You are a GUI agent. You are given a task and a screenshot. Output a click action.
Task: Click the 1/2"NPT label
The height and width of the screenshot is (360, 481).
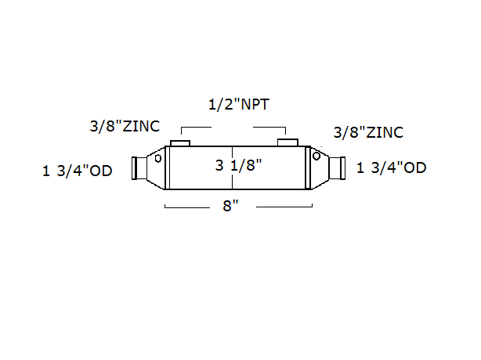point(239,104)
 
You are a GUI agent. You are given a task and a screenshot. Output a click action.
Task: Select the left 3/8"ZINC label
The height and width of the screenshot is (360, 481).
point(125,126)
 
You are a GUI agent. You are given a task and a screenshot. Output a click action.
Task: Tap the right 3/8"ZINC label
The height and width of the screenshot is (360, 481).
point(368,132)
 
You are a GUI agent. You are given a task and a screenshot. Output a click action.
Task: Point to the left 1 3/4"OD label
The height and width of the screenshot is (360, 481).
point(78,171)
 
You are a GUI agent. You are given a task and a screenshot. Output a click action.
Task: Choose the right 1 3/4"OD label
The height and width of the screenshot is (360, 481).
point(392,167)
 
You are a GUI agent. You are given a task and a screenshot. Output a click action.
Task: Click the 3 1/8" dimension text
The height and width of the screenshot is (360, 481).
point(239,165)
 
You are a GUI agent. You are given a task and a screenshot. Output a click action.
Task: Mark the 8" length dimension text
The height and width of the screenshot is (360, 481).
point(230,206)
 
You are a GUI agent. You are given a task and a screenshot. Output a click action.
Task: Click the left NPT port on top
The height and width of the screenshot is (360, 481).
point(180,143)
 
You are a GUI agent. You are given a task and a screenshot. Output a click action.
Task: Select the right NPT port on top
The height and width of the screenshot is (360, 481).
point(288,142)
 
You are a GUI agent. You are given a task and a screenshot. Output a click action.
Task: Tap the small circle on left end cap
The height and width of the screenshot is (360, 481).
point(158,158)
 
